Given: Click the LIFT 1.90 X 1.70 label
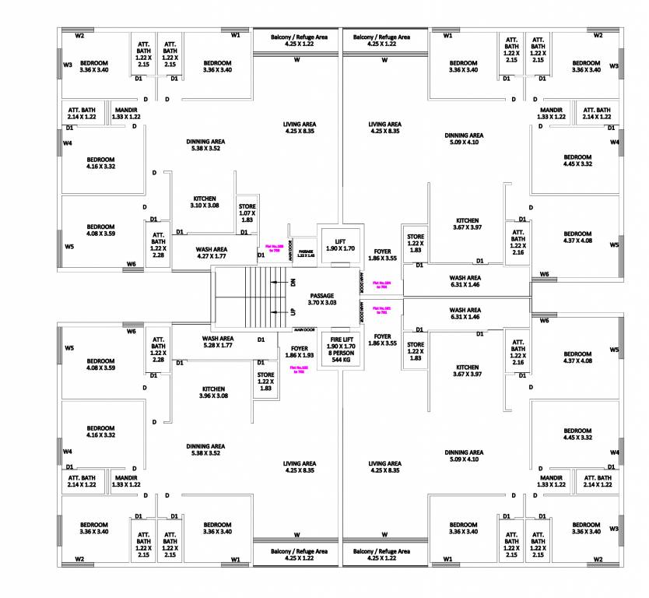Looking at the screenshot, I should click(340, 244).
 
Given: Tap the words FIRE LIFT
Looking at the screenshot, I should click(342, 339).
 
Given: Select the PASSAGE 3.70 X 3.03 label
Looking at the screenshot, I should click(322, 299).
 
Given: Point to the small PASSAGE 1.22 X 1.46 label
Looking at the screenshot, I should click(305, 253).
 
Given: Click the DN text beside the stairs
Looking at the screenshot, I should click(293, 283).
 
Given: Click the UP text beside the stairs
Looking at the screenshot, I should click(293, 311).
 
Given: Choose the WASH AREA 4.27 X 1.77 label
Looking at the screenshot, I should click(200, 252).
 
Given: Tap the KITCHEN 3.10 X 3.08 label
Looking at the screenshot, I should click(204, 202).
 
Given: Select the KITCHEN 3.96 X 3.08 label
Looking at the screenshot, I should click(214, 392).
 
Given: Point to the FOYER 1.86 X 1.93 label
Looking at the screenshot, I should click(300, 352).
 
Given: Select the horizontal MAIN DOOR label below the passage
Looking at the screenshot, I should click(304, 330).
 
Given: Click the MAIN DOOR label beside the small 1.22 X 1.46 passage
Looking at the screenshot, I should click(291, 252).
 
